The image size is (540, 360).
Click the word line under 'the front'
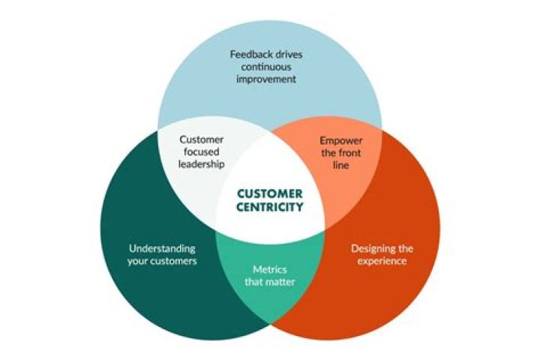(x=340, y=166)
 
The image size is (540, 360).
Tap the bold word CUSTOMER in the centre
(x=269, y=193)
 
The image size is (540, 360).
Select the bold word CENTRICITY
(x=269, y=207)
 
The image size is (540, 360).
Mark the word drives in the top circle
(x=292, y=55)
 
